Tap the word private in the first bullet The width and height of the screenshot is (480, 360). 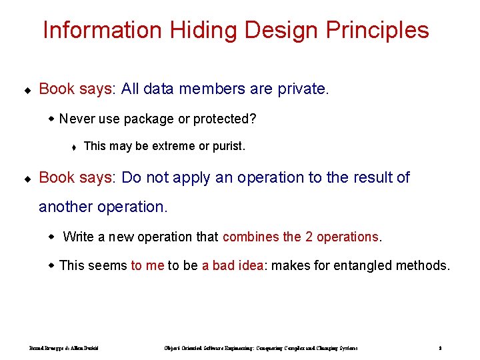[x=302, y=89]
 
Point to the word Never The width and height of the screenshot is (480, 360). [x=77, y=119]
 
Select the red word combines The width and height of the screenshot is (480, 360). [x=251, y=237]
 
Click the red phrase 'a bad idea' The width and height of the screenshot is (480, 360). [x=233, y=265]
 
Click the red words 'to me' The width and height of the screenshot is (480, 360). [x=147, y=265]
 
